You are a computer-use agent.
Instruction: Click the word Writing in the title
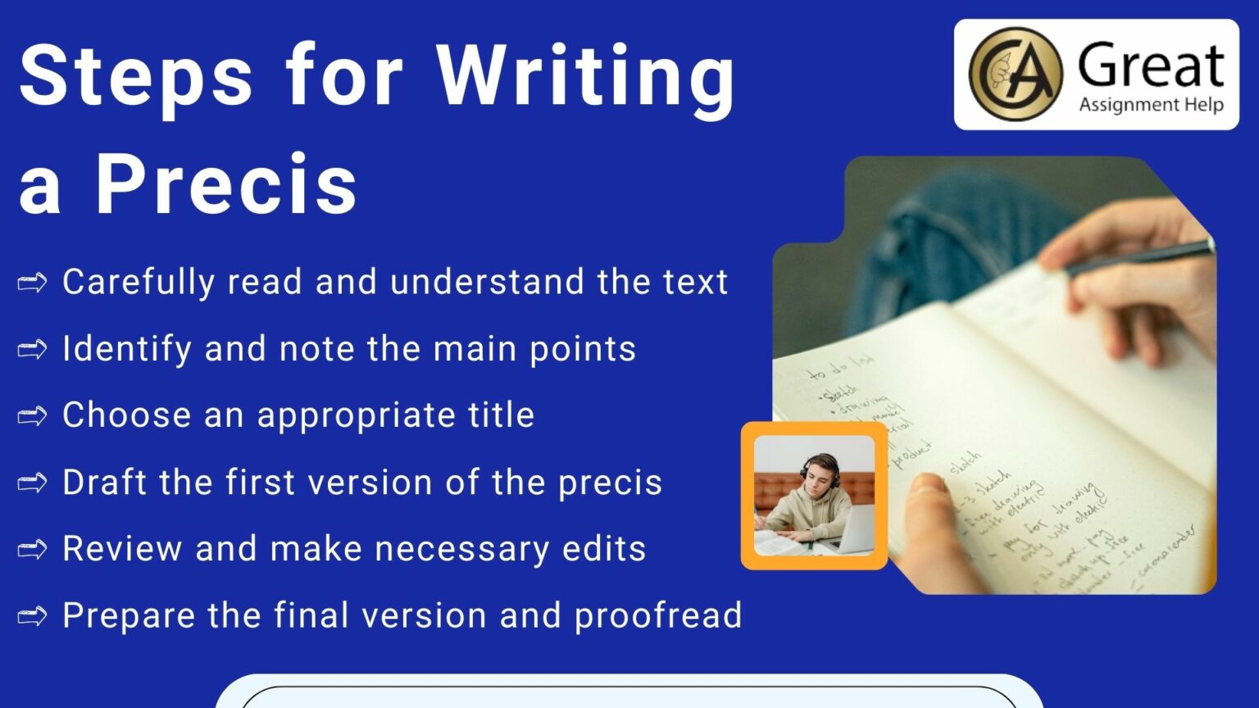tap(586, 75)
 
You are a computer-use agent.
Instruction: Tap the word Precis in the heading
tap(227, 184)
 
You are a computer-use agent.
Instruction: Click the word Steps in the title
tap(135, 75)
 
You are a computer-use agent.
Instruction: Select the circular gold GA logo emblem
tap(1015, 74)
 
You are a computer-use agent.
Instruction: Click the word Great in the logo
tap(1151, 66)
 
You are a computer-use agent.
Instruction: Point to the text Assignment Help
tap(1151, 105)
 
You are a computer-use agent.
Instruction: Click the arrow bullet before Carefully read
tap(33, 284)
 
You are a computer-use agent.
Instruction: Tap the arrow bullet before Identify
tap(33, 350)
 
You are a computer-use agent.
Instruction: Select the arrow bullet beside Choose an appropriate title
tap(33, 416)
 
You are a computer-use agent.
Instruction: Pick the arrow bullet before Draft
tap(33, 483)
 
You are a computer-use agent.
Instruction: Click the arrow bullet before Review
tap(33, 550)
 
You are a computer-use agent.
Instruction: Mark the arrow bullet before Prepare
tap(33, 616)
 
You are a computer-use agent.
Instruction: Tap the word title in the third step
tap(501, 415)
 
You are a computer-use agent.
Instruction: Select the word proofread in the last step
tap(657, 616)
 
